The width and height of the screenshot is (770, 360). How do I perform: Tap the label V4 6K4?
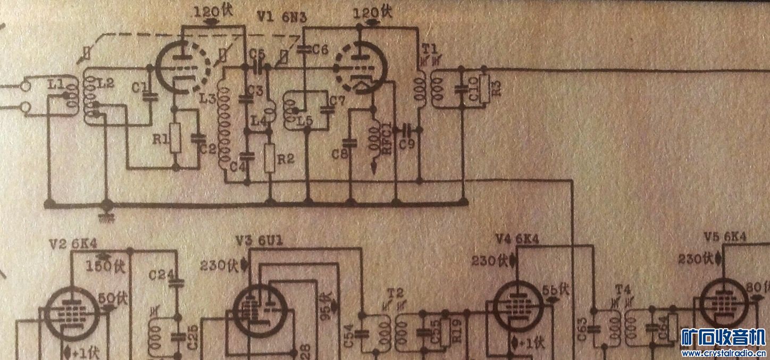pyautogui.click(x=516, y=239)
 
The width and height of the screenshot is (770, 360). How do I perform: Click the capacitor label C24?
pyautogui.click(x=159, y=275)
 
